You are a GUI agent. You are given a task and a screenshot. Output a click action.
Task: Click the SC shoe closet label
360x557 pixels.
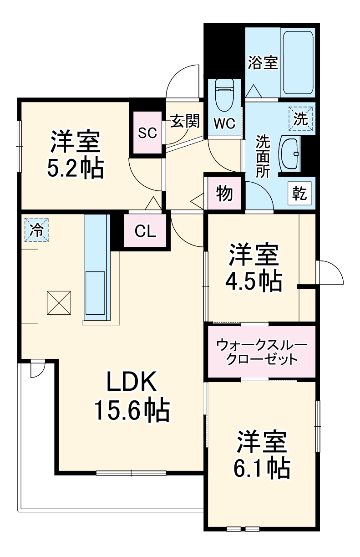[147, 133]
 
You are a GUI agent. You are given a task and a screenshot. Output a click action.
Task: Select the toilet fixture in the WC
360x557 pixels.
[224, 95]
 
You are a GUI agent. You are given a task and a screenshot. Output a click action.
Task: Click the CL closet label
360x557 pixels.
[146, 231]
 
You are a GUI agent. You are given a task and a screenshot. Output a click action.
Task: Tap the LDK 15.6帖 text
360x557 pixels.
[132, 396]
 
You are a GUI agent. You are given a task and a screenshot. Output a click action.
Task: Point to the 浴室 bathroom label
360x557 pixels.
[263, 62]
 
